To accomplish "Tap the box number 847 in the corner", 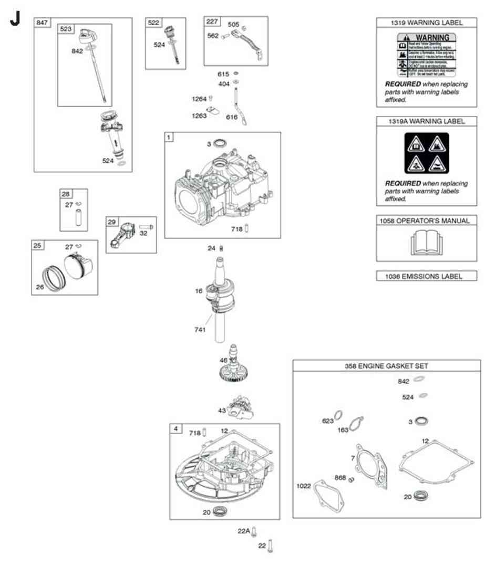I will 42,23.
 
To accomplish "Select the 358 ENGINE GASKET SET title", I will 386,365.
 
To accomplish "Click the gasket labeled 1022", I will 330,496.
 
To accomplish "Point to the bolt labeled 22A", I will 254,531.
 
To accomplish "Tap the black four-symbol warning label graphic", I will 426,153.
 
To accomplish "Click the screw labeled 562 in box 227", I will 225,36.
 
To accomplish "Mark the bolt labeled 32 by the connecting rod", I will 145,227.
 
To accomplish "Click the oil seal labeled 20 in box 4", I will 219,511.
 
